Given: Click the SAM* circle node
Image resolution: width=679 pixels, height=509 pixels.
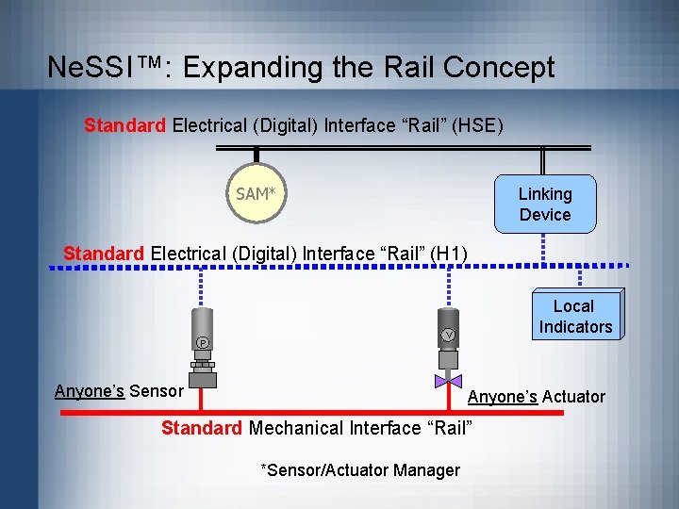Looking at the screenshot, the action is pyautogui.click(x=257, y=193).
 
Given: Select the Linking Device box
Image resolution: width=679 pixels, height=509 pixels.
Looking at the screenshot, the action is pyautogui.click(x=545, y=204).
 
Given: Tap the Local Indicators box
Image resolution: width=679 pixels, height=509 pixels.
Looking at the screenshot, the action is pyautogui.click(x=575, y=317).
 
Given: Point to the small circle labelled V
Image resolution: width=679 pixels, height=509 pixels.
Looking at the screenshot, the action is pyautogui.click(x=449, y=336).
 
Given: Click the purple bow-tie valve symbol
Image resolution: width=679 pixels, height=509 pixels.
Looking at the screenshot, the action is pyautogui.click(x=449, y=382).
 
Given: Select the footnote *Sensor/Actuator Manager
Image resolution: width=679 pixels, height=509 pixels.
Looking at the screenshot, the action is pyautogui.click(x=360, y=469).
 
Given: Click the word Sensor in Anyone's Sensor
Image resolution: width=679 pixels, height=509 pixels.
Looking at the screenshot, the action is pyautogui.click(x=157, y=391).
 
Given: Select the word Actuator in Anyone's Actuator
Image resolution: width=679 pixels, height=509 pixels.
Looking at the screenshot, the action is pyautogui.click(x=574, y=397).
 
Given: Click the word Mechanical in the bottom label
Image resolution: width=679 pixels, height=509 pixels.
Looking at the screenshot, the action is pyautogui.click(x=296, y=428).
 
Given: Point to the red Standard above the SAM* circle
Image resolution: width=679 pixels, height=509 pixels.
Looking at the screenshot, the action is pyautogui.click(x=125, y=124).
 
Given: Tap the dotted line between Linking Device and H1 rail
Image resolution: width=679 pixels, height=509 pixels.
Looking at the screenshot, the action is pyautogui.click(x=544, y=250).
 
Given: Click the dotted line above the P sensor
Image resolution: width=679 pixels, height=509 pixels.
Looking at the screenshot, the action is pyautogui.click(x=202, y=288).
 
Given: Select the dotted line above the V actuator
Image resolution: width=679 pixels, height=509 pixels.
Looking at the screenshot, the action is pyautogui.click(x=449, y=288).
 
